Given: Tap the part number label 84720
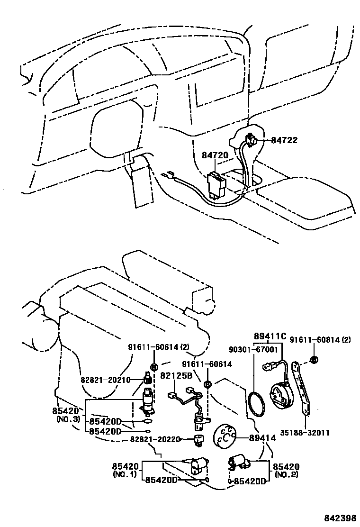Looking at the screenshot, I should click(215, 155).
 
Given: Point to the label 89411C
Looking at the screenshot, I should click(270, 336).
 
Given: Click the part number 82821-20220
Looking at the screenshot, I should click(155, 439).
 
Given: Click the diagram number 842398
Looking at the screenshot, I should click(340, 518).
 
